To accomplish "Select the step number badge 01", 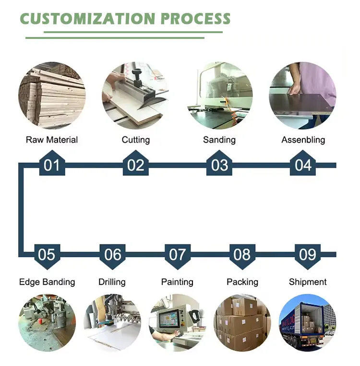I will tap(52, 165).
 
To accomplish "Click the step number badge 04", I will tap(303, 165).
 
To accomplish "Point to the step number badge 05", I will tap(47, 254).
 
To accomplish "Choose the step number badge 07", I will tap(177, 254).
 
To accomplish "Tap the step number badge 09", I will tap(308, 254).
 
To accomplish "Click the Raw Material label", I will tap(52, 140).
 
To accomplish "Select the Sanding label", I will tap(219, 140).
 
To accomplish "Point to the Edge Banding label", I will tap(47, 282).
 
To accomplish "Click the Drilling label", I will tap(112, 282).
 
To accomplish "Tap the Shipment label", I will tap(308, 282).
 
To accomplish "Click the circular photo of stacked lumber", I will tap(52, 95).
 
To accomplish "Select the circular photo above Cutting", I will tap(135, 95).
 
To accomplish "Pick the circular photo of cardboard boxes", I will tap(242, 322).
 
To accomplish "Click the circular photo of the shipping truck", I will tap(307, 322).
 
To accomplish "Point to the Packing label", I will tap(242, 282).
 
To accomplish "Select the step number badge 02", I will tap(136, 165).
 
